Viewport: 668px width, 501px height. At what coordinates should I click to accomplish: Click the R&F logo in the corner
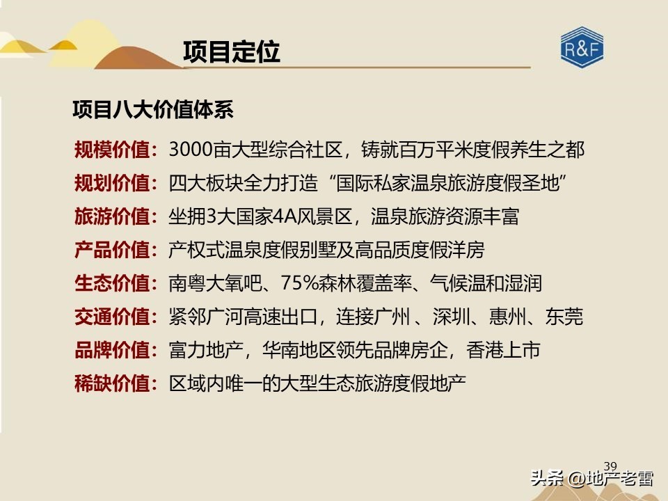pos(582,49)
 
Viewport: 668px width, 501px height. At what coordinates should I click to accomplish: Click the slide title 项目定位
pos(231,52)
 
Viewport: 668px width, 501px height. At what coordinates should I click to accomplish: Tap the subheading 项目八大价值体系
pos(153,109)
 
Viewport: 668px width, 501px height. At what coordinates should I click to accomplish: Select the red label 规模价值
pos(112,149)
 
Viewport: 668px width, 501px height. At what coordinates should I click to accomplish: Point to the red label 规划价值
pos(112,183)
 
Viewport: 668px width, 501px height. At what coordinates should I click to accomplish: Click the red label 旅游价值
pos(112,216)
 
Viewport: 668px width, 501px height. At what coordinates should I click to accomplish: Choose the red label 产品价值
pos(112,250)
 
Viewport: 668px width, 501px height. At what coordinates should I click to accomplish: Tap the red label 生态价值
pos(112,284)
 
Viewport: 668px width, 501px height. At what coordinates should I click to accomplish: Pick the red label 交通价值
pos(112,317)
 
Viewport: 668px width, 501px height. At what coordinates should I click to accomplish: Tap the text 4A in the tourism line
pos(283,216)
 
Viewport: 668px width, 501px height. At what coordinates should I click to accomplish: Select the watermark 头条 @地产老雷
pos(591,479)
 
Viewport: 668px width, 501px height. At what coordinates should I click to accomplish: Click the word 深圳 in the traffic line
pos(449,317)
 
